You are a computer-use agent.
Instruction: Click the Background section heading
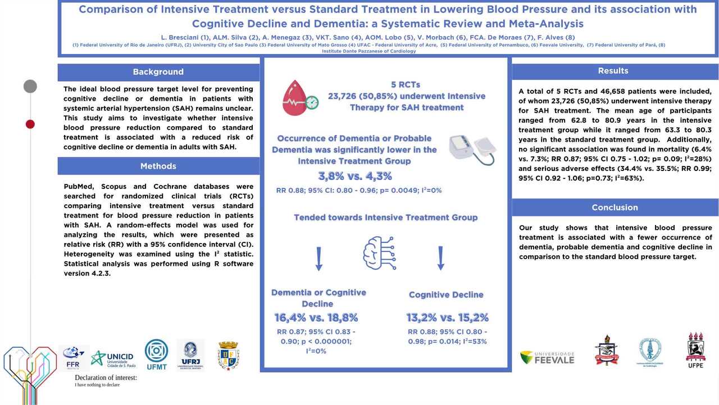(x=158, y=72)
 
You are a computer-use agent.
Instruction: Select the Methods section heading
(x=158, y=166)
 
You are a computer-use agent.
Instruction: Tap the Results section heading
(x=613, y=71)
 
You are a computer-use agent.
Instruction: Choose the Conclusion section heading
(x=615, y=208)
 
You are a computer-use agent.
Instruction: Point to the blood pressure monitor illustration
(x=472, y=149)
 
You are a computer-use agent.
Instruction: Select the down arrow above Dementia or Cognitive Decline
(x=318, y=259)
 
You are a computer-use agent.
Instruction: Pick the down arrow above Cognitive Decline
(x=441, y=259)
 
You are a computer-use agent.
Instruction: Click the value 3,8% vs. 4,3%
(x=355, y=175)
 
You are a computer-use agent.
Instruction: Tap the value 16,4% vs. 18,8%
(x=316, y=317)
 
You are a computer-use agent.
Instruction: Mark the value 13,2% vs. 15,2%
(x=447, y=317)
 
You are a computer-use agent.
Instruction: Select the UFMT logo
(x=156, y=354)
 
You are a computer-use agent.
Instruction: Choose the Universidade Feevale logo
(x=547, y=357)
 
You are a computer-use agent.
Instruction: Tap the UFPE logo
(x=695, y=350)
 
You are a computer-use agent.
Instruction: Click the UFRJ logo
(x=190, y=354)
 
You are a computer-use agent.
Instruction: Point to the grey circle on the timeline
(x=30, y=86)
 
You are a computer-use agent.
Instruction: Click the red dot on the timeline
(x=30, y=124)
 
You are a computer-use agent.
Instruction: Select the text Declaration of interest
(x=106, y=377)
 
